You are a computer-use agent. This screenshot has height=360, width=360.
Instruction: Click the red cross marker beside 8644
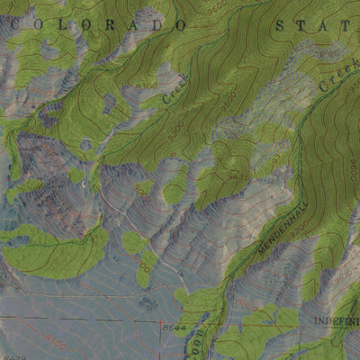point(161,323)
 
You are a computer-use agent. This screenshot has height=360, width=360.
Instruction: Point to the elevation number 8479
point(13,356)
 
